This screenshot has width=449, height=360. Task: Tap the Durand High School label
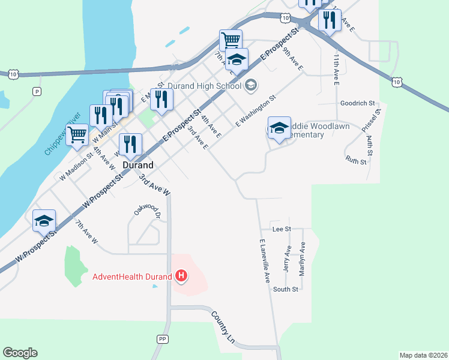pos(203,86)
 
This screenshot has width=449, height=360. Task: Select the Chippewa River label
pos(62,133)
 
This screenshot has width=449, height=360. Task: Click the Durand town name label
pos(138,164)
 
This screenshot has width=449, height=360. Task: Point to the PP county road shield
pos(162,339)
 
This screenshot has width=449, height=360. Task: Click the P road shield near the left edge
pos(37,91)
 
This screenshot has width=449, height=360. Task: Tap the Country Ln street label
pos(221,327)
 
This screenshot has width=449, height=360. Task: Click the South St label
pos(286,290)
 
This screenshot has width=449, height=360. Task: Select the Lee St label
pos(281,229)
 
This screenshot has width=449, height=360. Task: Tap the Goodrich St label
pos(357,103)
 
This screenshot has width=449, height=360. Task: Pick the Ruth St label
pos(356,160)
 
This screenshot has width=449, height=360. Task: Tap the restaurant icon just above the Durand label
pos(130,143)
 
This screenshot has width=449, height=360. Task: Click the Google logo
pos(20,353)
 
